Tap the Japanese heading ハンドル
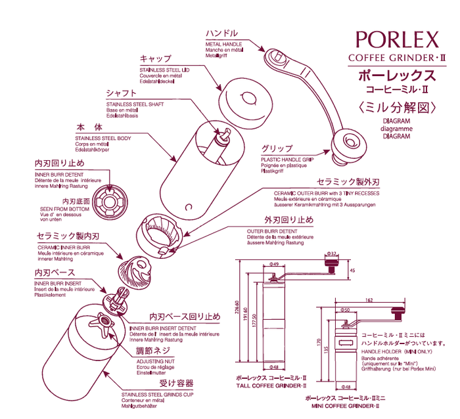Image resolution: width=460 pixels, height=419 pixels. click(x=221, y=32)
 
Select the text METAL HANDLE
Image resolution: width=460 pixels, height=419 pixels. click(x=223, y=44)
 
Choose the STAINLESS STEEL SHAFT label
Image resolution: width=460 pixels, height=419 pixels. click(x=135, y=104)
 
